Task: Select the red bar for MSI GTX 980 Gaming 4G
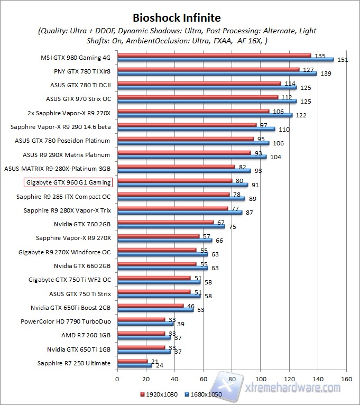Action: [x=214, y=55]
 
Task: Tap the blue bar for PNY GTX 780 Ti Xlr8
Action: [x=217, y=73]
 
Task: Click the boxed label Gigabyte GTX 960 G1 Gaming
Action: [x=68, y=182]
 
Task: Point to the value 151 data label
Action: [x=343, y=60]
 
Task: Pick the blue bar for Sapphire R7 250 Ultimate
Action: [x=134, y=365]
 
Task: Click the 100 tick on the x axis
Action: [x=261, y=379]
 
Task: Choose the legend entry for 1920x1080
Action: [x=158, y=394]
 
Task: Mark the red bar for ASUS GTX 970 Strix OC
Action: [x=197, y=97]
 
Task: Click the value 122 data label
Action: [x=301, y=115]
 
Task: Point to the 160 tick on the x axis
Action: [x=346, y=379]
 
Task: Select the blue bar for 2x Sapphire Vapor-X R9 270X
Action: [x=205, y=115]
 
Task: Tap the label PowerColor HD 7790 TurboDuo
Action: [x=66, y=321]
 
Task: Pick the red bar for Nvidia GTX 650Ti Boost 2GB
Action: [x=150, y=306]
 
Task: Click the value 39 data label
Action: [x=180, y=324]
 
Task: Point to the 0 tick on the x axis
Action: [x=117, y=379]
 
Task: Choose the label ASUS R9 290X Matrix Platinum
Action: [x=67, y=155]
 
